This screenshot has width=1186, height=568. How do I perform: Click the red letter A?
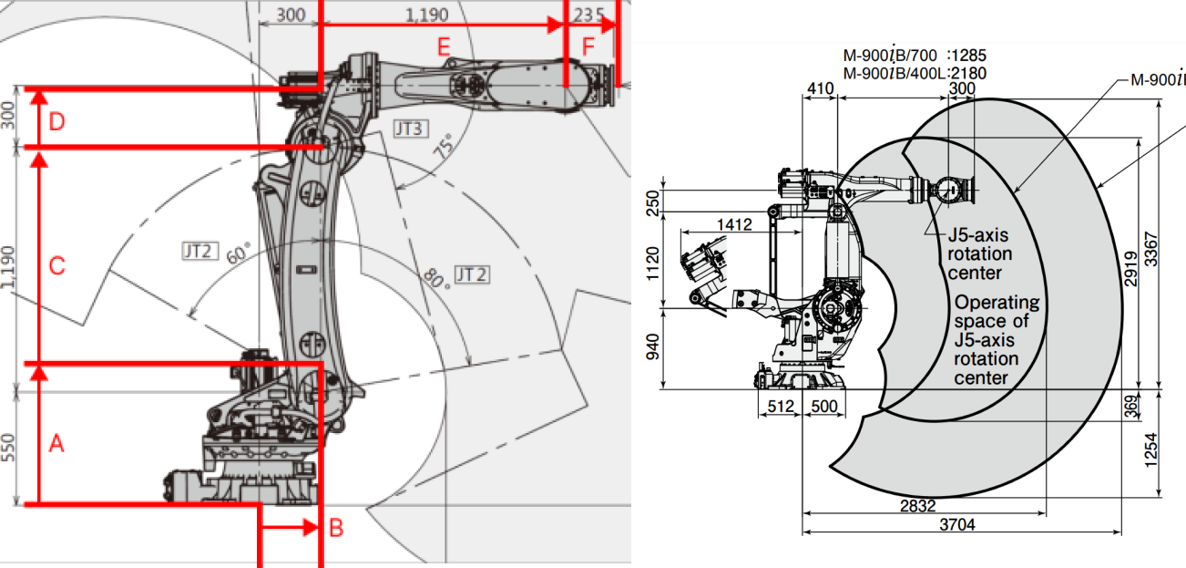tap(56, 444)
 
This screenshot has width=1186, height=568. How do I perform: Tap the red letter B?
tap(336, 527)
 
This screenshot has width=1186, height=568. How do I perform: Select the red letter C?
tap(56, 266)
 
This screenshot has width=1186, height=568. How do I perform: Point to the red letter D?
tap(56, 121)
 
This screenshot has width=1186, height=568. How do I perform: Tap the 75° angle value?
tap(444, 150)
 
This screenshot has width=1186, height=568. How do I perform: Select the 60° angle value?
tap(239, 255)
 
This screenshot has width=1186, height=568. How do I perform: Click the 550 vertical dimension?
tap(10, 447)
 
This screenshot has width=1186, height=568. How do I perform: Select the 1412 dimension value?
tap(733, 224)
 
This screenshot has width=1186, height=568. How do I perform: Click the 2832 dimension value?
tap(917, 505)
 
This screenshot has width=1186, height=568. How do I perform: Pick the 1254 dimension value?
tap(1152, 448)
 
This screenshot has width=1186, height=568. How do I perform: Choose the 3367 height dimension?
tap(1152, 246)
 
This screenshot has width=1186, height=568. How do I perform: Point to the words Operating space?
tap(997, 311)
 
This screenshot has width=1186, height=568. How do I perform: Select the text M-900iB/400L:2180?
tap(915, 73)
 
